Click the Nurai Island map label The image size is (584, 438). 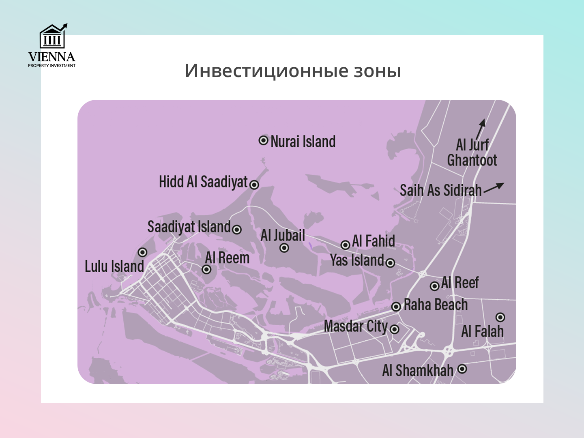click(x=303, y=142)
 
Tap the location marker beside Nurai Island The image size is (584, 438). click(x=264, y=140)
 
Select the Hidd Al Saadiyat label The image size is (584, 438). click(x=203, y=182)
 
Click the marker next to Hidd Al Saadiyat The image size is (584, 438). click(x=254, y=185)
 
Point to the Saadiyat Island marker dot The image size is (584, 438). click(x=237, y=230)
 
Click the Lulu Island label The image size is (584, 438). click(x=114, y=266)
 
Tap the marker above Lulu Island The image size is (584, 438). click(x=142, y=252)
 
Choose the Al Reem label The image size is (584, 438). click(x=227, y=258)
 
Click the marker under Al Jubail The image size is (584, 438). click(x=284, y=247)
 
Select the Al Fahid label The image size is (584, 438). click(x=374, y=241)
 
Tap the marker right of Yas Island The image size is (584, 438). click(x=390, y=263)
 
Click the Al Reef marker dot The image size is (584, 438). click(x=435, y=286)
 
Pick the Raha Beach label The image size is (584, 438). click(x=436, y=305)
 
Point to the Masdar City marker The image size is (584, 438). click(x=395, y=329)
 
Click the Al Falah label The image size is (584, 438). click(x=482, y=331)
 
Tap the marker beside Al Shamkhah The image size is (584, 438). click(x=462, y=369)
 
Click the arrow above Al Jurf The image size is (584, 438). click(x=481, y=128)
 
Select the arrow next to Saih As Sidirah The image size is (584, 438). click(x=494, y=188)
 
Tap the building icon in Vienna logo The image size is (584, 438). click(x=52, y=37)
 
